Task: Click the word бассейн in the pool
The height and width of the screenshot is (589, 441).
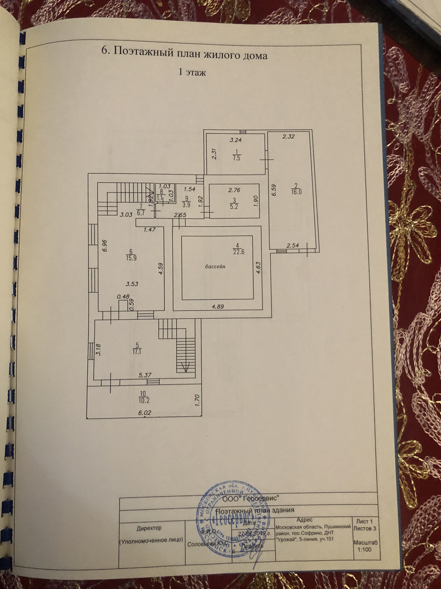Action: [x=216, y=266]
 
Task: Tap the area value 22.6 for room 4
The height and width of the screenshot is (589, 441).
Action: [x=239, y=252]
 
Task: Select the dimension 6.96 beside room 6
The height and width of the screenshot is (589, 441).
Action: [x=104, y=246]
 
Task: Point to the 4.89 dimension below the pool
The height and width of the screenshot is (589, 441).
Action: [x=218, y=307]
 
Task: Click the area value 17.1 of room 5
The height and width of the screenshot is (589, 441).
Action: [x=137, y=351]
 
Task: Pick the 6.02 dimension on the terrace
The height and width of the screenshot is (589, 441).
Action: [x=145, y=413]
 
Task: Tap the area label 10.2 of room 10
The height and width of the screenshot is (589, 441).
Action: [x=143, y=400]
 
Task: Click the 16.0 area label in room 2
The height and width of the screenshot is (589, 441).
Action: [x=296, y=192]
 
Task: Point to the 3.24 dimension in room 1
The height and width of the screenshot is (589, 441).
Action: [x=236, y=139]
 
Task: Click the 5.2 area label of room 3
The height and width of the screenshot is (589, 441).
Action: [x=234, y=206]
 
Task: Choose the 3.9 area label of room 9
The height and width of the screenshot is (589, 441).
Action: [x=186, y=205]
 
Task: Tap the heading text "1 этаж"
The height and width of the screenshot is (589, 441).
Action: [x=192, y=72]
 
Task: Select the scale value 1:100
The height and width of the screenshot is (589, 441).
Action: [x=364, y=550]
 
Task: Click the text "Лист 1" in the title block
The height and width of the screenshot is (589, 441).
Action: [x=364, y=521]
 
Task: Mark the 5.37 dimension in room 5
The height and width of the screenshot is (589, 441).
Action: [x=145, y=375]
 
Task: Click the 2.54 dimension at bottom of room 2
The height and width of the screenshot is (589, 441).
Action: [x=292, y=246]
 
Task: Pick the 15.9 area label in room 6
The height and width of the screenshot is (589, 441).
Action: [x=131, y=258]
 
